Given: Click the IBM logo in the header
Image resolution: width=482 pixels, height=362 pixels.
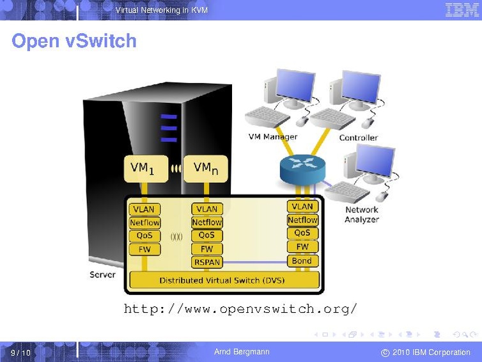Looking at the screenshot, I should (x=462, y=10).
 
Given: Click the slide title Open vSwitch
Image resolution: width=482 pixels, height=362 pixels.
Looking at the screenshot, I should (x=74, y=41).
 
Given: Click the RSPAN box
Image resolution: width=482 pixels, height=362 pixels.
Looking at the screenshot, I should (x=207, y=262).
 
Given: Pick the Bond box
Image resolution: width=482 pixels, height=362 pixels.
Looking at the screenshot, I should (x=302, y=260).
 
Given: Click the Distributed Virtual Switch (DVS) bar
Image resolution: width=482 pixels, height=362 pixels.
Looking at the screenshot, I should (x=224, y=279).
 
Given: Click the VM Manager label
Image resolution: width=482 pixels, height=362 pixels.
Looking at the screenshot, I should (x=272, y=137).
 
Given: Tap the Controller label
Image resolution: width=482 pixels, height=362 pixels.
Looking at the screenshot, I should (x=358, y=138).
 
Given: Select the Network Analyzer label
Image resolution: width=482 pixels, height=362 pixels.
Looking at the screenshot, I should (x=362, y=214).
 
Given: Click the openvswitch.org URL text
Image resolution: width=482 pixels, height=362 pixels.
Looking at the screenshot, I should (x=240, y=310).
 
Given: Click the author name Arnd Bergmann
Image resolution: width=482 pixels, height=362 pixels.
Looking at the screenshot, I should (x=242, y=352).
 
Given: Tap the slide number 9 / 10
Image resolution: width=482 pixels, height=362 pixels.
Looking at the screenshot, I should (x=20, y=353).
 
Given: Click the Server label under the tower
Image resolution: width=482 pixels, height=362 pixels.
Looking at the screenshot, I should (x=102, y=274).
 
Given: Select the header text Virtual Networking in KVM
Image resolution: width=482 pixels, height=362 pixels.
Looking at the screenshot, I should (x=161, y=10).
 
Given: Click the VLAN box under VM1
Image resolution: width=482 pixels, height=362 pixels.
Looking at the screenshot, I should (x=144, y=209).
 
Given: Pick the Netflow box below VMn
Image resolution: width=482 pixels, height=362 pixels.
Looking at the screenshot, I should (x=207, y=222).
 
